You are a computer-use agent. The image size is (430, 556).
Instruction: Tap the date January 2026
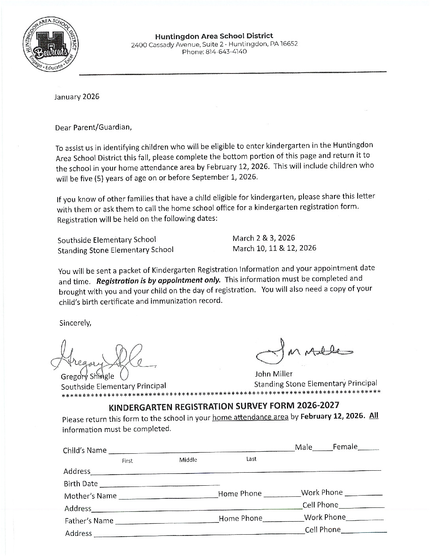77,97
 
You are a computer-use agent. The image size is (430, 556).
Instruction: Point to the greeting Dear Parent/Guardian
93,127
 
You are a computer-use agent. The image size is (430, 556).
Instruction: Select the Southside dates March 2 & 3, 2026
264,238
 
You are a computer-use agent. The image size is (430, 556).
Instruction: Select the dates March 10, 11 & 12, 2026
274,248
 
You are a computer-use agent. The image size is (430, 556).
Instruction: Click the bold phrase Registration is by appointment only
158,281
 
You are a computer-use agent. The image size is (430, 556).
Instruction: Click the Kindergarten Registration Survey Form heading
224,406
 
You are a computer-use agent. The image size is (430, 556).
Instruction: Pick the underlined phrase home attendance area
250,417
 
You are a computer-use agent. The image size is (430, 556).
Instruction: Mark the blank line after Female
369,449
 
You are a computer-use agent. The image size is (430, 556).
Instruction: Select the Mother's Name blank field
168,498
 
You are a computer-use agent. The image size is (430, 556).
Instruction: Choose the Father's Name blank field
167,522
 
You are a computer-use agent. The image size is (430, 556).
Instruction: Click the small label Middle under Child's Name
188,460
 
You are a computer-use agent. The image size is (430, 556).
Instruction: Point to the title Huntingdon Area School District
214,36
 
